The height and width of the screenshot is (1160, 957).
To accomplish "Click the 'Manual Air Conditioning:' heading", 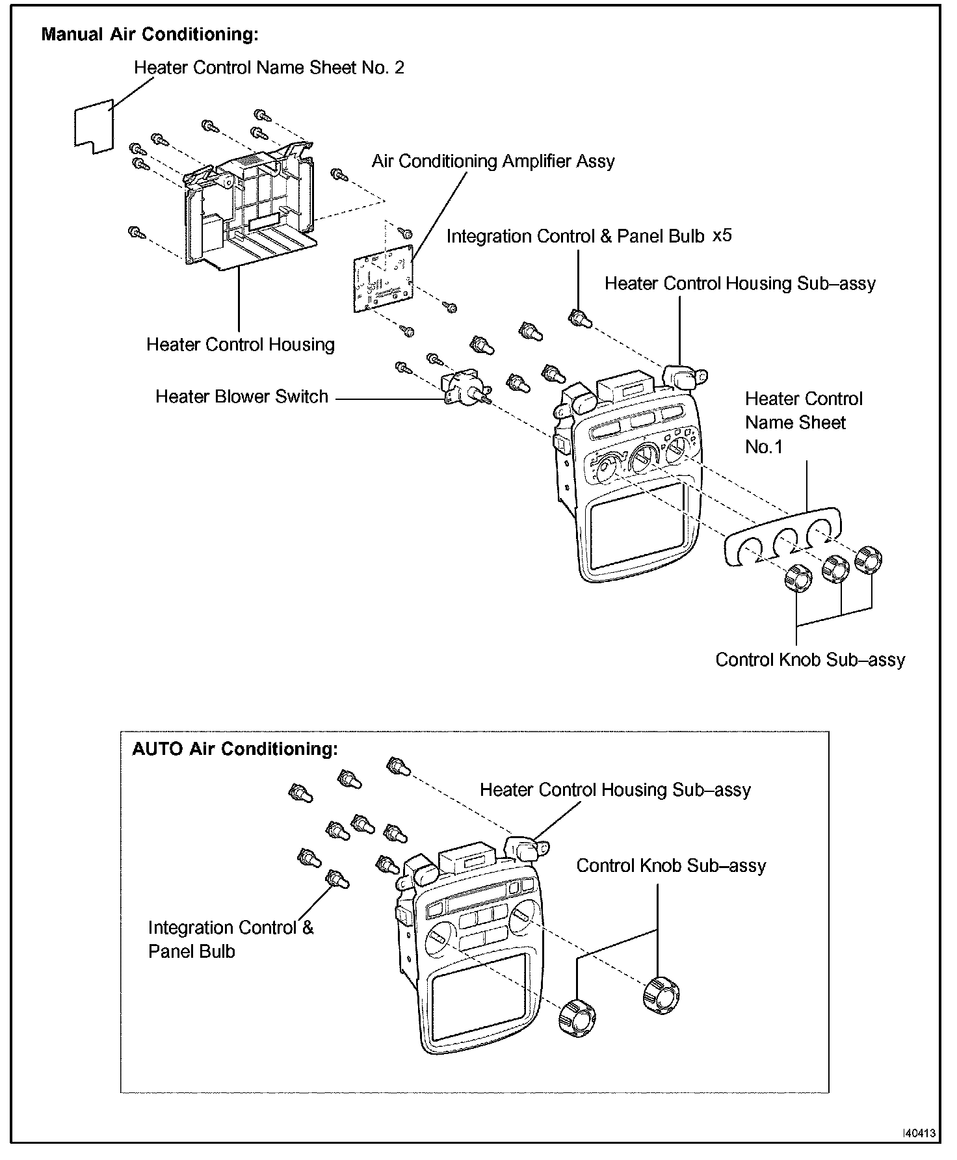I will (x=150, y=34).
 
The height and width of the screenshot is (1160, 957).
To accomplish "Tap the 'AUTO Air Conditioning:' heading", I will (x=235, y=749).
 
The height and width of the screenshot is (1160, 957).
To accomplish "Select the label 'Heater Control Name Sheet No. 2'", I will (x=269, y=68).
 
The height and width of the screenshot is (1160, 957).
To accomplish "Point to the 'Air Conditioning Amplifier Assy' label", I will (x=493, y=161).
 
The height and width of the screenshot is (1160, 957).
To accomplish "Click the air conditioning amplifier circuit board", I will (x=384, y=280).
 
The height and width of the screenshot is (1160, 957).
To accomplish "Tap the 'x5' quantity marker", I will (x=722, y=235).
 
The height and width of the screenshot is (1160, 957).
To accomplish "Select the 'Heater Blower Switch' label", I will (x=241, y=397).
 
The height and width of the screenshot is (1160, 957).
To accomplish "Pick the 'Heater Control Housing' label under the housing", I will (x=240, y=345).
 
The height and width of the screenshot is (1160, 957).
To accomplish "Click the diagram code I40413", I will (x=919, y=1133).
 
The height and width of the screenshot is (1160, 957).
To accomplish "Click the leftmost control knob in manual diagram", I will (x=798, y=578).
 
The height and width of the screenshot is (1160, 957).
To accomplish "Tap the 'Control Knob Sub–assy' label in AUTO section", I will (x=671, y=866).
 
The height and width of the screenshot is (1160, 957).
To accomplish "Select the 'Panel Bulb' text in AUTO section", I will (x=191, y=951).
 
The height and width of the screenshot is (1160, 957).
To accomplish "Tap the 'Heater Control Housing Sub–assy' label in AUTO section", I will (x=615, y=790).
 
